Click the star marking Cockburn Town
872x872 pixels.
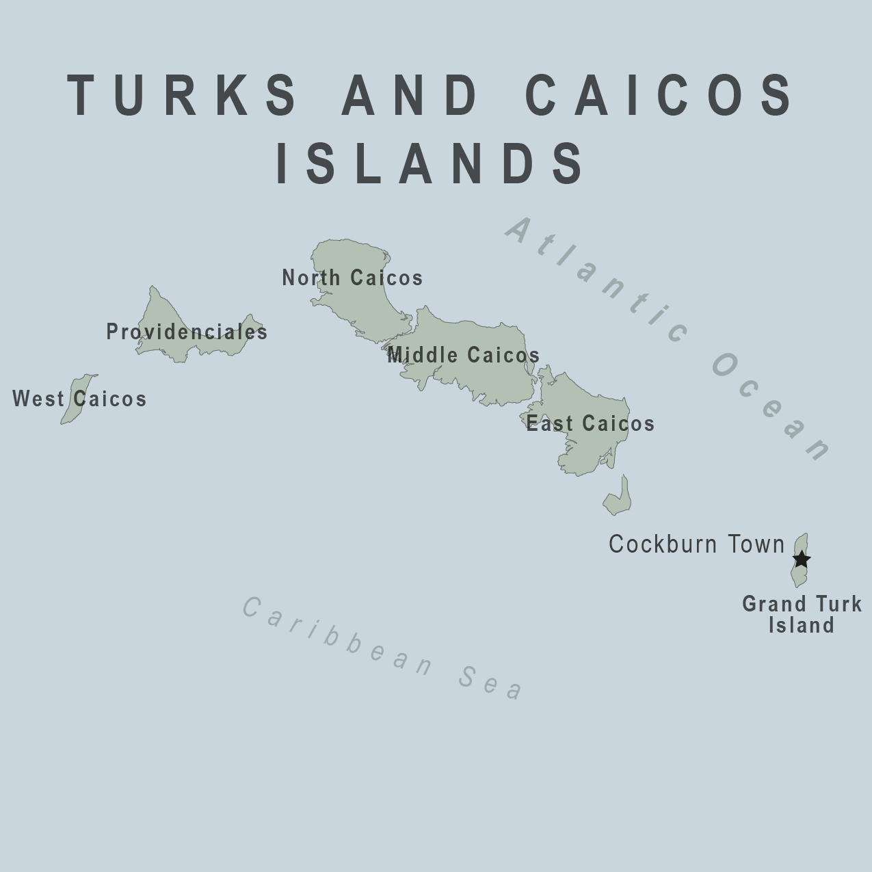tap(802, 559)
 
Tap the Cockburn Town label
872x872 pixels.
tap(697, 544)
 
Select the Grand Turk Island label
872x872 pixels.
tap(802, 614)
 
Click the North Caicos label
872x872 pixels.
tap(352, 278)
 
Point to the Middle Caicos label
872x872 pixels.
tap(464, 355)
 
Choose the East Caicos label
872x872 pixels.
tap(590, 423)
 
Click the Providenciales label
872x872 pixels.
tap(187, 332)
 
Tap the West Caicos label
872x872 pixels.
tap(79, 399)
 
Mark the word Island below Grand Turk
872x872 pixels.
tap(802, 625)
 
